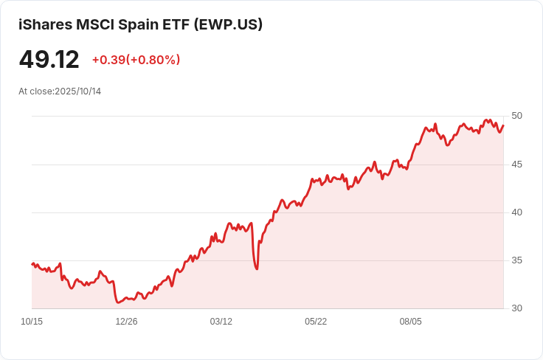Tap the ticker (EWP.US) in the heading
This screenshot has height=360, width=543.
pyautogui.click(x=228, y=24)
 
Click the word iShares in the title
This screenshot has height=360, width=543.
pyautogui.click(x=46, y=24)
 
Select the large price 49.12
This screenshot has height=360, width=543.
pyautogui.click(x=49, y=60)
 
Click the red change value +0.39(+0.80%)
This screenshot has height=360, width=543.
pyautogui.click(x=136, y=60)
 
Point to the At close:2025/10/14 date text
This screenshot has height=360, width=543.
pyautogui.click(x=60, y=91)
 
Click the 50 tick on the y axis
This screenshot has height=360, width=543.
pyautogui.click(x=516, y=116)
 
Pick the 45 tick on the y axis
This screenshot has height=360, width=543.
pyautogui.click(x=516, y=165)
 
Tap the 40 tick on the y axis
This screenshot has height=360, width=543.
pyautogui.click(x=516, y=212)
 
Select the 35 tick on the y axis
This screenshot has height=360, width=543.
pyautogui.click(x=516, y=260)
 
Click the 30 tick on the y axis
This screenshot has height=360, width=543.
pyautogui.click(x=516, y=308)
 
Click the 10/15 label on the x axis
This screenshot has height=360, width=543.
pyautogui.click(x=32, y=322)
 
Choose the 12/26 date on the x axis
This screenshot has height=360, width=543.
pyautogui.click(x=126, y=322)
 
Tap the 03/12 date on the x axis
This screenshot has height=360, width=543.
pyautogui.click(x=221, y=322)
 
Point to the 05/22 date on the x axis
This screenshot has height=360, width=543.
pyautogui.click(x=316, y=322)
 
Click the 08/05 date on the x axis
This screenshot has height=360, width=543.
pyautogui.click(x=411, y=322)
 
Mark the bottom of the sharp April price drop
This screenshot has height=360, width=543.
pyautogui.click(x=257, y=269)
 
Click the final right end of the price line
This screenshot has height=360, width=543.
pyautogui.click(x=503, y=125)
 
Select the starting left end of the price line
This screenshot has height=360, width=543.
pyautogui.click(x=32, y=264)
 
